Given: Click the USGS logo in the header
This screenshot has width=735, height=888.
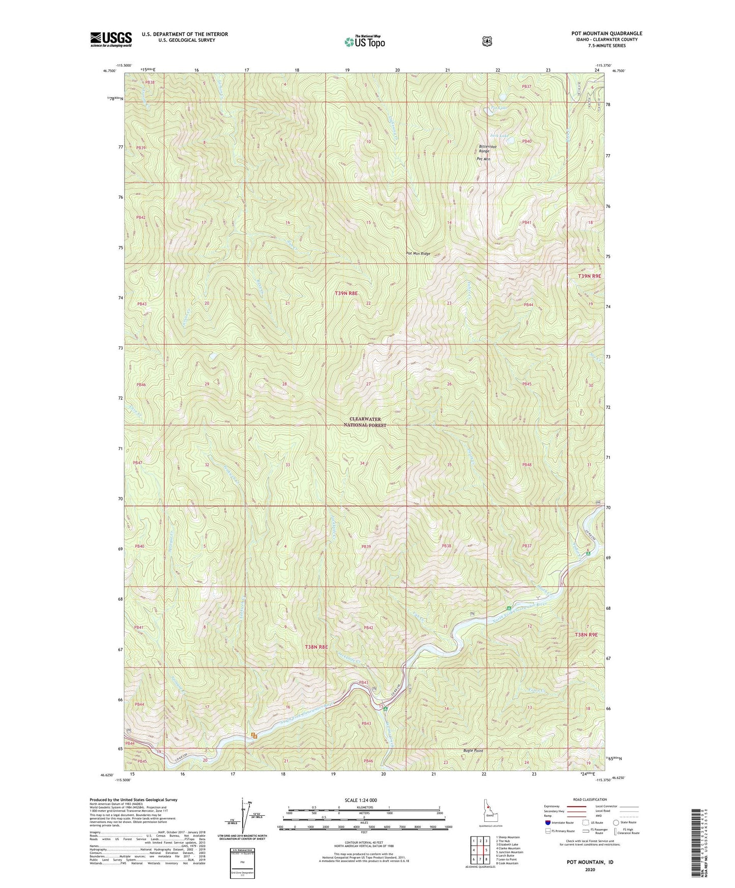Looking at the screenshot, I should [x=111, y=39].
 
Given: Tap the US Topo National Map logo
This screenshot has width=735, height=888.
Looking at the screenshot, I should [x=364, y=42].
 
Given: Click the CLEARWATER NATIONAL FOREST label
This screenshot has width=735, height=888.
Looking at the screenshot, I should [x=365, y=422].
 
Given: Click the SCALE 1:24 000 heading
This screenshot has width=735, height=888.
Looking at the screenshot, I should [x=361, y=800].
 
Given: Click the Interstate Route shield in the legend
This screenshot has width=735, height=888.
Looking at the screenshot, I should [x=547, y=822].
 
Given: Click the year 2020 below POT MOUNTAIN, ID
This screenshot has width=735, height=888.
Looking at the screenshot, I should [x=590, y=869].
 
